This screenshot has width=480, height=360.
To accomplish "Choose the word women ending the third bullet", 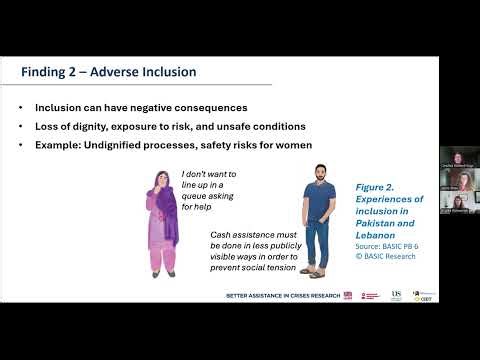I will (x=291, y=145).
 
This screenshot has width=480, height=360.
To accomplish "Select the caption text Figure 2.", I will (x=375, y=187).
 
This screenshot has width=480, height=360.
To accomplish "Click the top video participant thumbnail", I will (x=456, y=158).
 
